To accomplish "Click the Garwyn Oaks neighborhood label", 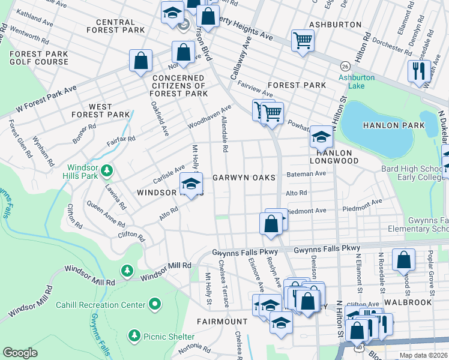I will point(244,178).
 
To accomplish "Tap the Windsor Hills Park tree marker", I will point(107,172).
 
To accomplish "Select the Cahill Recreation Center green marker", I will point(155,305).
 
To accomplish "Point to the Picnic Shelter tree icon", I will point(134,335).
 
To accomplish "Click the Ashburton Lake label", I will point(357,82).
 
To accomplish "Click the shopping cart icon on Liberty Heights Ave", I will point(303,41).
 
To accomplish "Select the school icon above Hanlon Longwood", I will point(321,137).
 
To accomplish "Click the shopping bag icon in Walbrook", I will point(404,260).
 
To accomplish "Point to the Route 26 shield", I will point(345,65).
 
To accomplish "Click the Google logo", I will point(20,353).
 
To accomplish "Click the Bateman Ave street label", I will point(306,173).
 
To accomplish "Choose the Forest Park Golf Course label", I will point(39,58).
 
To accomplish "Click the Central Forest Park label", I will point(115,25).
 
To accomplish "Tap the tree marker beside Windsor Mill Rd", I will point(127,271).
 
